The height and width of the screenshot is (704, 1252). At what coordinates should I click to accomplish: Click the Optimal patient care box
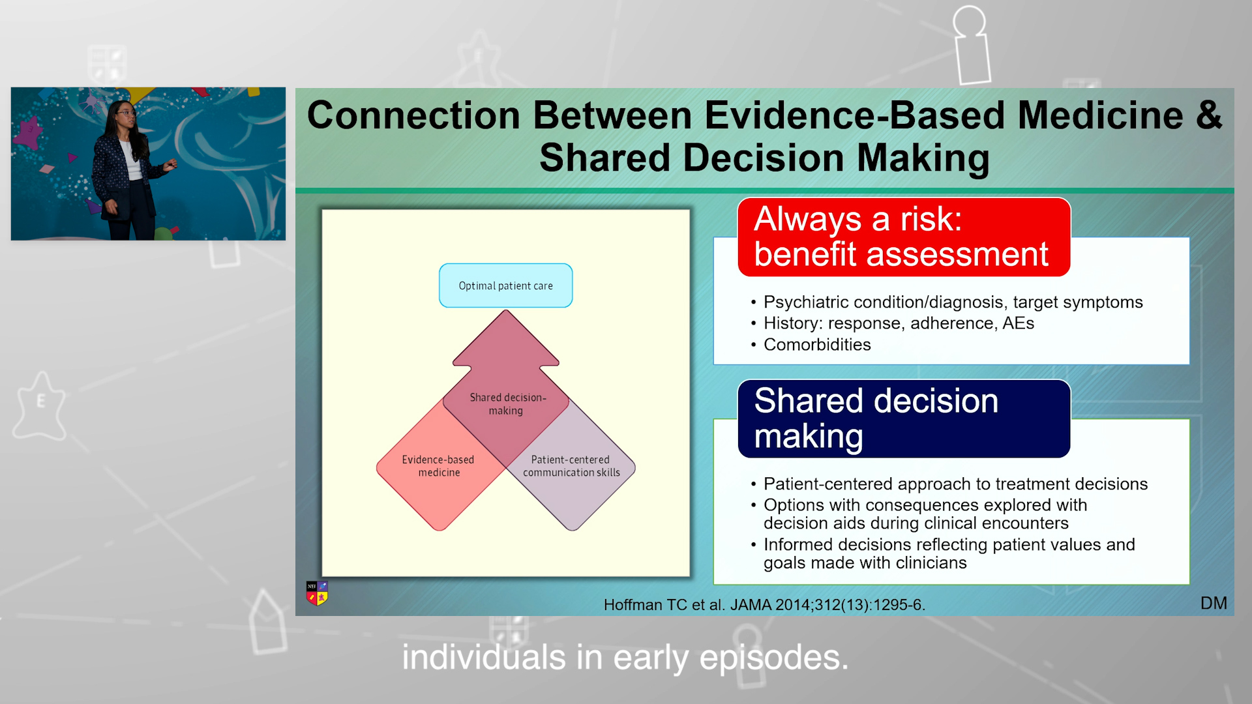tap(505, 286)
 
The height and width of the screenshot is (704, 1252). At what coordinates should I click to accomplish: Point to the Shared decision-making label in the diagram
tap(507, 403)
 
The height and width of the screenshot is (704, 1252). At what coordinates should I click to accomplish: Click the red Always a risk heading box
tap(904, 237)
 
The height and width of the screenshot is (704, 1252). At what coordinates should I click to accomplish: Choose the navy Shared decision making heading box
tap(904, 418)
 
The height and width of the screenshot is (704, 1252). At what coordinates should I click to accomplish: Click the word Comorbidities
tap(817, 344)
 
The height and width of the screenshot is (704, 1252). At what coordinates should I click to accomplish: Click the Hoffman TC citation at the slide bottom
tap(764, 605)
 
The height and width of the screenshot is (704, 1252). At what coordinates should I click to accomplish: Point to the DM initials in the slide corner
tap(1214, 603)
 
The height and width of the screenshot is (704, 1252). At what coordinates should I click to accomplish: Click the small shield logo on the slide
tap(317, 593)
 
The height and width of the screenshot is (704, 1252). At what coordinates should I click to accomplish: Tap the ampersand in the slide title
tap(1209, 115)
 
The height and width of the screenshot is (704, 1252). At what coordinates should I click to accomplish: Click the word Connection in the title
tap(413, 115)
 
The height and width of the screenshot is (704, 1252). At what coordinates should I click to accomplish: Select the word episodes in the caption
tap(774, 658)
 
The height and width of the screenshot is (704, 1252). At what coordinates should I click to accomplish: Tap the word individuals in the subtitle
tap(483, 657)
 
